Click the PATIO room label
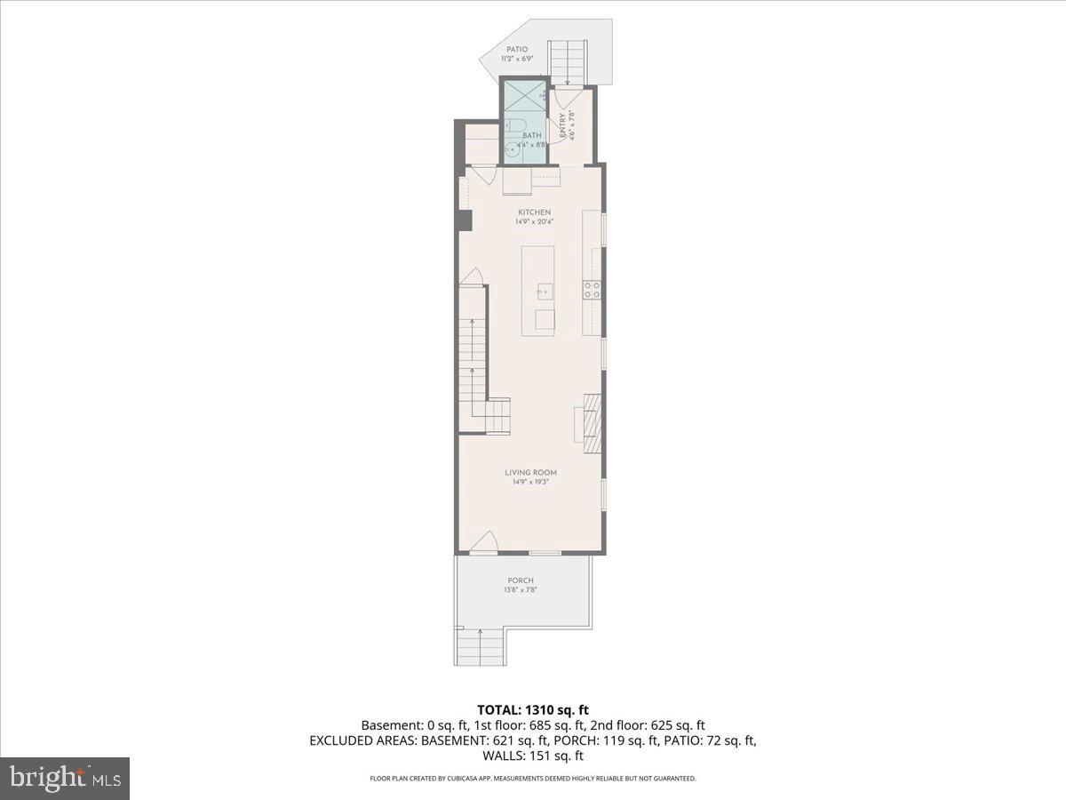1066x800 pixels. pos(517,49)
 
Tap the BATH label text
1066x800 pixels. pos(532,135)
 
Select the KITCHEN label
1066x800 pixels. pos(535,212)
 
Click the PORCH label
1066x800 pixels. pos(521,580)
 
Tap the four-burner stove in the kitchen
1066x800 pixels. pos(592,289)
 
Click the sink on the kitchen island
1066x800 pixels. pos(545,290)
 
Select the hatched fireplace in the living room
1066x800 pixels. pos(592,417)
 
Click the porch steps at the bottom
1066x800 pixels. pos(480,646)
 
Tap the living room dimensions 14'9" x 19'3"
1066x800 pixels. pos(532,483)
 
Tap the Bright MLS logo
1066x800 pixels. pos(65,778)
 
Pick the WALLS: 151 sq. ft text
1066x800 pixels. pos(533,756)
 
